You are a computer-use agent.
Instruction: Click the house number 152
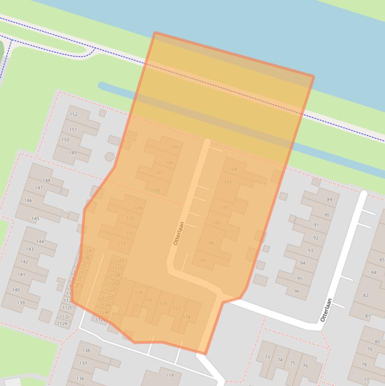tap(74, 114)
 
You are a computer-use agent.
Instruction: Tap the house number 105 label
tap(175, 147)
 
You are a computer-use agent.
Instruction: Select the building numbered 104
tap(233, 169)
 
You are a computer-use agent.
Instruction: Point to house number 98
tap(211, 243)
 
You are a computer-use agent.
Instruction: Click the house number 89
tap(329, 200)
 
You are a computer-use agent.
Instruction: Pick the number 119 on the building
tap(169, 375)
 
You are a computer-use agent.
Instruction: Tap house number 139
tap(21, 303)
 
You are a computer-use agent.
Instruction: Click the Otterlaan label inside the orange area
tap(179, 233)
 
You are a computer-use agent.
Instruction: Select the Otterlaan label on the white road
tap(326, 310)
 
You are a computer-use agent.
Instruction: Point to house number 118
tap(186, 317)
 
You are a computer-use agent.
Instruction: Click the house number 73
tap(267, 357)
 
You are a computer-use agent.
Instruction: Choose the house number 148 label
tap(47, 180)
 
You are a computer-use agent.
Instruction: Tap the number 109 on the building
tap(138, 208)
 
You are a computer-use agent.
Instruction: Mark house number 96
tap(297, 291)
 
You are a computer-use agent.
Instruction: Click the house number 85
tap(381, 260)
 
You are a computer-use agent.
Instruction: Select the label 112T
tap(119, 261)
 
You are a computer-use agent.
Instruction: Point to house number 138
tap(86, 350)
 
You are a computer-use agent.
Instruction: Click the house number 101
tap(224, 208)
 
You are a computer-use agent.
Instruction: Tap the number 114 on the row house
tap(138, 293)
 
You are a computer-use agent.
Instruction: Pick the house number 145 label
tap(36, 219)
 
